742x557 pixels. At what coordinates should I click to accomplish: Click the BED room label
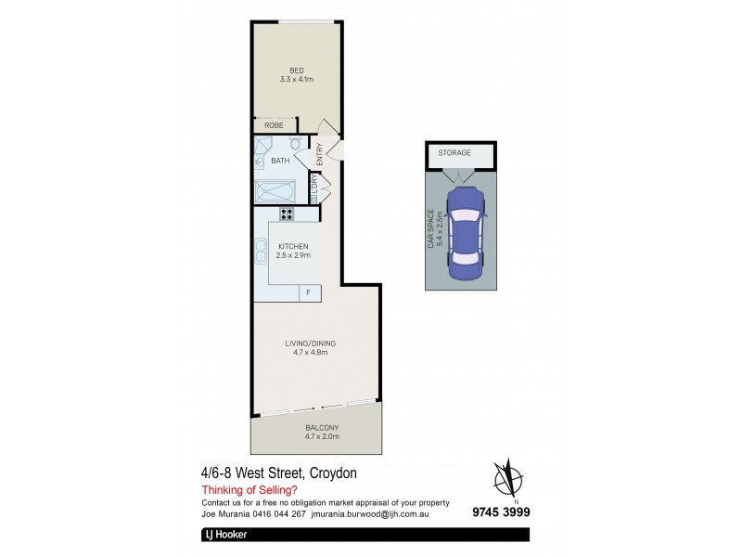(297, 71)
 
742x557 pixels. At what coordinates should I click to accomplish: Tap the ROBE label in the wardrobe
(274, 125)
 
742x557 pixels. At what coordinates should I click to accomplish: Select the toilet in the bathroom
(294, 145)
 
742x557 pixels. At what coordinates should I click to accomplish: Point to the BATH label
(279, 162)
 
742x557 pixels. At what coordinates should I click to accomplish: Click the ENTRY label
(320, 154)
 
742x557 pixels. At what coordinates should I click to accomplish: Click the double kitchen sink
(260, 250)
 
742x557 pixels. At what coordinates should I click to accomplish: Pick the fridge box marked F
(309, 293)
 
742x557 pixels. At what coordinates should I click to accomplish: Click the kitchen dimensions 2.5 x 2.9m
(293, 255)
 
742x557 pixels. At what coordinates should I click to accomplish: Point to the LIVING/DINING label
(310, 343)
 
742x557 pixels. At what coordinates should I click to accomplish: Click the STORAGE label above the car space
(454, 152)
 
